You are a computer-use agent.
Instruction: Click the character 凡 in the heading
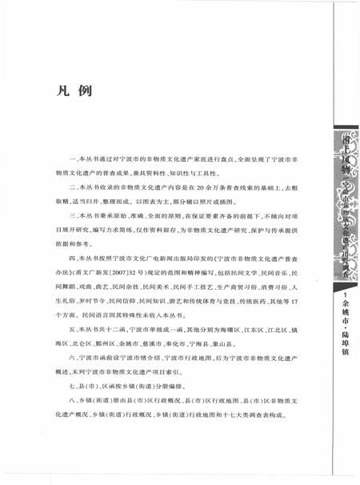(x=67, y=91)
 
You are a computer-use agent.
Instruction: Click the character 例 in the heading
(x=86, y=91)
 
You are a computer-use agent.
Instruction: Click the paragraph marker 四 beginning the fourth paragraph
(x=73, y=259)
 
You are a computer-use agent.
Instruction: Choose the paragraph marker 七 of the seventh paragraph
(x=73, y=387)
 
